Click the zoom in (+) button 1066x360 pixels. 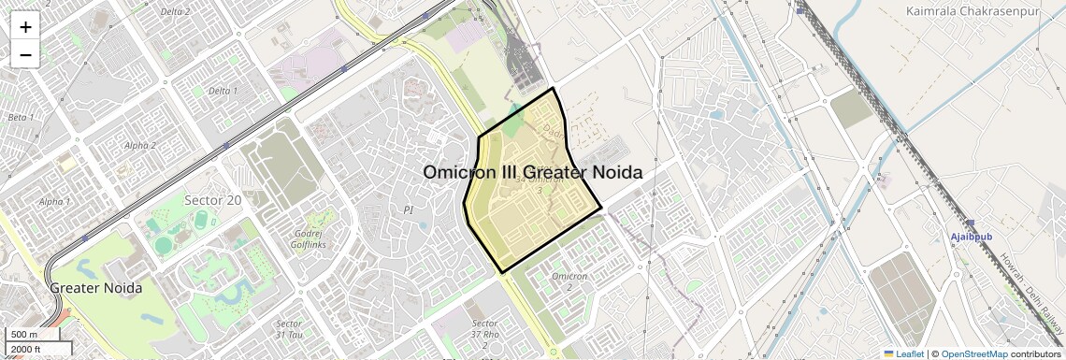click(25, 27)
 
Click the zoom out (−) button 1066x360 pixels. click(25, 55)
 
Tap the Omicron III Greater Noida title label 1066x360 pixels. click(533, 173)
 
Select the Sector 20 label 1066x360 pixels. click(212, 199)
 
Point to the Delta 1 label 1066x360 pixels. click(223, 91)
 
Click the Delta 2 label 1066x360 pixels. click(175, 12)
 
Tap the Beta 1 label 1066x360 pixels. click(20, 118)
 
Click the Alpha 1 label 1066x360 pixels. click(55, 202)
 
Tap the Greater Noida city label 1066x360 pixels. click(96, 288)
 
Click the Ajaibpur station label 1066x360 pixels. click(972, 238)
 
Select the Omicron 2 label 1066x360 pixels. click(569, 281)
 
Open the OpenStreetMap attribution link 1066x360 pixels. click(973, 353)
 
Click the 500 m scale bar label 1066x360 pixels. click(24, 335)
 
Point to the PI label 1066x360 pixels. click(408, 210)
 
